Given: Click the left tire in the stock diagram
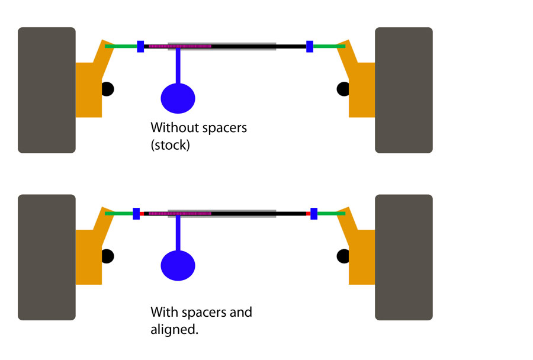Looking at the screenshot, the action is click(47, 90).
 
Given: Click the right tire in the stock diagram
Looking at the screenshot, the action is click(404, 90).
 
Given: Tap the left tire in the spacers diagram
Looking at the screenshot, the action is click(47, 258).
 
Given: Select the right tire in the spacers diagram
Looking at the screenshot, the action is click(404, 258).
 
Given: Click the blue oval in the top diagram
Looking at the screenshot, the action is click(178, 98).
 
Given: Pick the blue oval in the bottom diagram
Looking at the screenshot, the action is click(178, 265).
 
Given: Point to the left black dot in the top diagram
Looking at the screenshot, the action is click(108, 89).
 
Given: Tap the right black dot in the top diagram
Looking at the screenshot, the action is click(343, 89).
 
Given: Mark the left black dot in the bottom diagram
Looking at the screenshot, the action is click(108, 256).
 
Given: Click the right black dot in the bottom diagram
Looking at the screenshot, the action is click(343, 256).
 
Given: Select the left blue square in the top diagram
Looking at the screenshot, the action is click(140, 47).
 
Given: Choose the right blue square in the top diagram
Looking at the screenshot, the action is click(310, 47).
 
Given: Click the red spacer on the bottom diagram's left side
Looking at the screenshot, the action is click(142, 214).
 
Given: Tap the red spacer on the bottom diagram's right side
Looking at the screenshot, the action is click(309, 214).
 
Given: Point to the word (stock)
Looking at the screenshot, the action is click(171, 145).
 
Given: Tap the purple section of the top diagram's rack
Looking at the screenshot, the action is click(180, 46).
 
